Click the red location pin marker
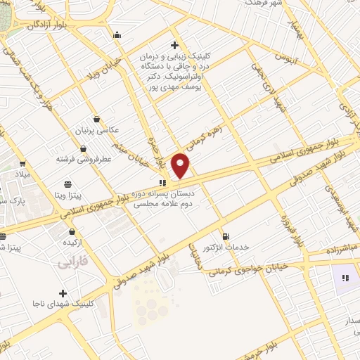pyautogui.click(x=181, y=166)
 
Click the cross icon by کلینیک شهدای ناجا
pyautogui.click(x=63, y=293)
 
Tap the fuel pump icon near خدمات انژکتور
pyautogui.click(x=225, y=236)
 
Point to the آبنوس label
pyautogui.click(x=287, y=54)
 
